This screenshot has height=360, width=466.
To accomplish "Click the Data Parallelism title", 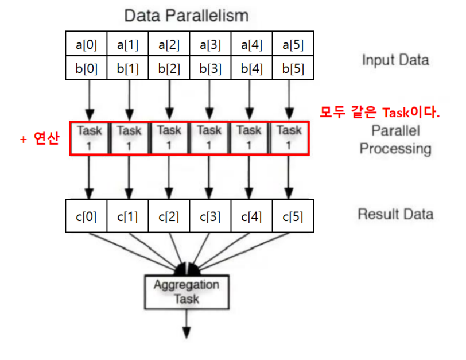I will pyautogui.click(x=187, y=14).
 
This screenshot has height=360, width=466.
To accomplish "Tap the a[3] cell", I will pyautogui.click(x=211, y=44).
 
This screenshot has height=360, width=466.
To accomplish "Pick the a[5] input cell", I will pyautogui.click(x=293, y=44).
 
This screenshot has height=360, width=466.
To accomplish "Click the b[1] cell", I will pyautogui.click(x=129, y=68).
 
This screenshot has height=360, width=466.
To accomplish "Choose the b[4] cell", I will pyautogui.click(x=252, y=68).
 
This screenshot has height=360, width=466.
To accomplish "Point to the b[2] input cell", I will pyautogui.click(x=169, y=68).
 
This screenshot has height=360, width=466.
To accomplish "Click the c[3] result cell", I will pyautogui.click(x=211, y=218).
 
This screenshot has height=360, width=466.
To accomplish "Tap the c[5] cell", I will pyautogui.click(x=293, y=218).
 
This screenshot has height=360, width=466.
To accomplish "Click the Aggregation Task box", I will pyautogui.click(x=186, y=291).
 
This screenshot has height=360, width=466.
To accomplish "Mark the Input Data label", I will pyautogui.click(x=395, y=60).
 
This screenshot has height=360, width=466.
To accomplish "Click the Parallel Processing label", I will pyautogui.click(x=395, y=140).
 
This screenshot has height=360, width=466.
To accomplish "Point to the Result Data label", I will pyautogui.click(x=395, y=215).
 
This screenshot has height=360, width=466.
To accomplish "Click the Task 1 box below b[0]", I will pyautogui.click(x=90, y=138).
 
